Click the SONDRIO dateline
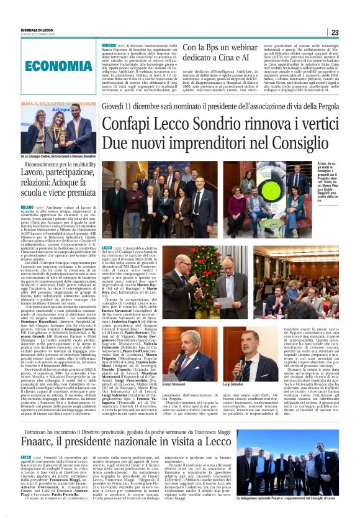pyautogui.click(x=110, y=45)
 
